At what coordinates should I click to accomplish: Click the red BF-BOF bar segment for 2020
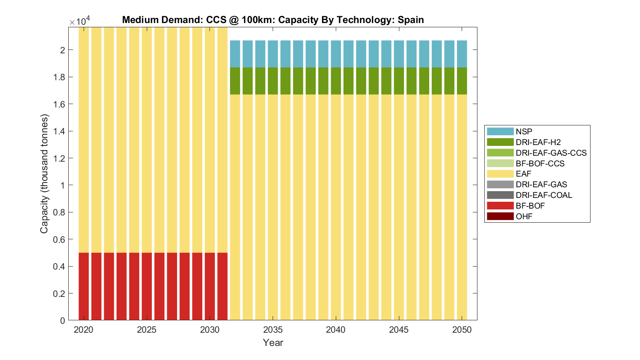pyautogui.click(x=84, y=286)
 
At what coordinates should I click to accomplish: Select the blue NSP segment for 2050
pyautogui.click(x=462, y=54)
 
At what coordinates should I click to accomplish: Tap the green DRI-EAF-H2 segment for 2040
pyautogui.click(x=336, y=81)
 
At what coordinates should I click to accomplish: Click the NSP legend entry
pyautogui.click(x=524, y=131)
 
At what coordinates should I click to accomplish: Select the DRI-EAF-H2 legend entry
pyautogui.click(x=538, y=142)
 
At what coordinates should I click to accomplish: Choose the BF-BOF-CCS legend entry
pyautogui.click(x=540, y=163)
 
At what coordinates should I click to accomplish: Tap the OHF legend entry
pyautogui.click(x=524, y=216)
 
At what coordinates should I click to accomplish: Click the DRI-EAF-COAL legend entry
pyautogui.click(x=544, y=195)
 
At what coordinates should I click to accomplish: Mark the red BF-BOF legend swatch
pyautogui.click(x=500, y=206)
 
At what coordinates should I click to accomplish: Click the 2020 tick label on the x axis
pyautogui.click(x=84, y=330)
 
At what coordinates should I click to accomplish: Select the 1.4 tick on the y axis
pyautogui.click(x=69, y=131)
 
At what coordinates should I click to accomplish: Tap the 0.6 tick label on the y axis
pyautogui.click(x=60, y=239)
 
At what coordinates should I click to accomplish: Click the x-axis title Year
pyautogui.click(x=273, y=343)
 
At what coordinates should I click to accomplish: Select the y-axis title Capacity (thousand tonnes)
pyautogui.click(x=44, y=174)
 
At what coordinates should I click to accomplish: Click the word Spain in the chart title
pyautogui.click(x=410, y=20)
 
